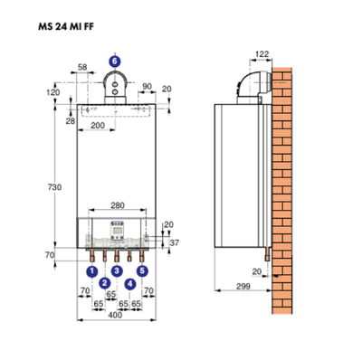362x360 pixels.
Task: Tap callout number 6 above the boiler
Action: click(113, 61)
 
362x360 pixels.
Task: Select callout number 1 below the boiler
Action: click(91, 269)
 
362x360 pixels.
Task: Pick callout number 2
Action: click(104, 282)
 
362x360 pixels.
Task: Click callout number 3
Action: click(117, 269)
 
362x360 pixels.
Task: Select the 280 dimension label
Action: click(116, 207)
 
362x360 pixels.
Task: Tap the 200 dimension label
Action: click(97, 127)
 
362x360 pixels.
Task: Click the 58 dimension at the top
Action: click(83, 68)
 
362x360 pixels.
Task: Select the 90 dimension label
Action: click(146, 87)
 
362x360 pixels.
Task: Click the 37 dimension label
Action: click(174, 242)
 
